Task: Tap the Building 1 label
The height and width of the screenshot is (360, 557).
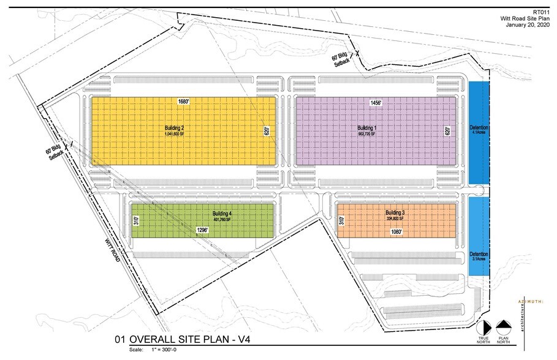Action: tap(367, 127)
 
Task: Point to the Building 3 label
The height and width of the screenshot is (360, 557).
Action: tap(395, 212)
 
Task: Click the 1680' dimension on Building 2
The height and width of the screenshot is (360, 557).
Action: tap(183, 101)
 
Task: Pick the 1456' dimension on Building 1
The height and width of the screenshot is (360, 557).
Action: tap(376, 103)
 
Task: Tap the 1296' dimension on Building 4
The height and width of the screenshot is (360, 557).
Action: tap(203, 230)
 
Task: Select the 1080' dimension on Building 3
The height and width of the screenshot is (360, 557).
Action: tap(396, 233)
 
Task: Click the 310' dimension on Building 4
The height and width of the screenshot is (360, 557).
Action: tap(136, 220)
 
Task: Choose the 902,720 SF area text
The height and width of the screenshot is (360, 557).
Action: tap(367, 133)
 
